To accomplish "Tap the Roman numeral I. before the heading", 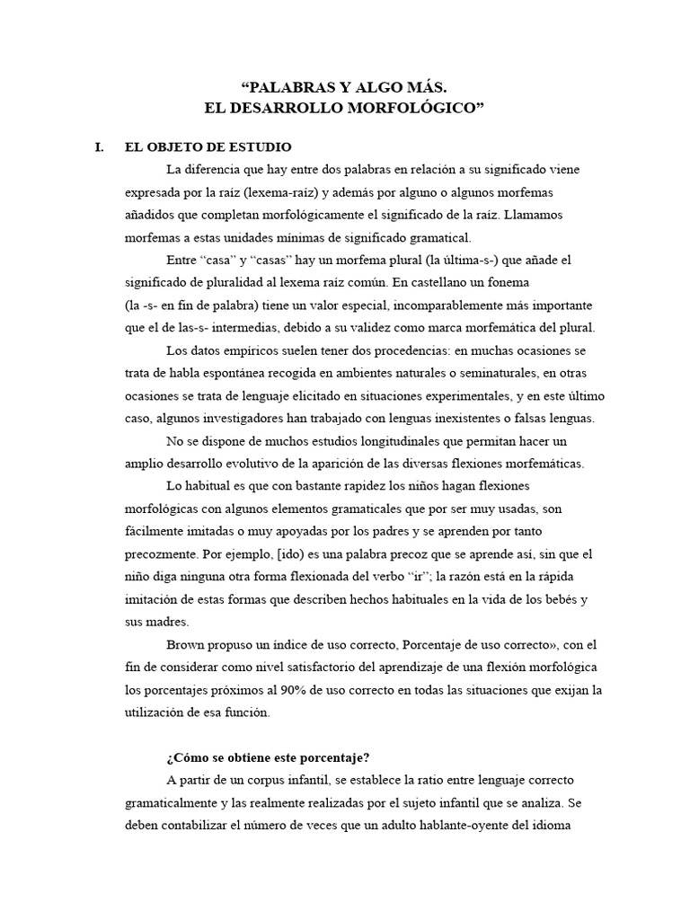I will tap(100, 147).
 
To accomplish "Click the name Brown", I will tap(187, 644).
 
